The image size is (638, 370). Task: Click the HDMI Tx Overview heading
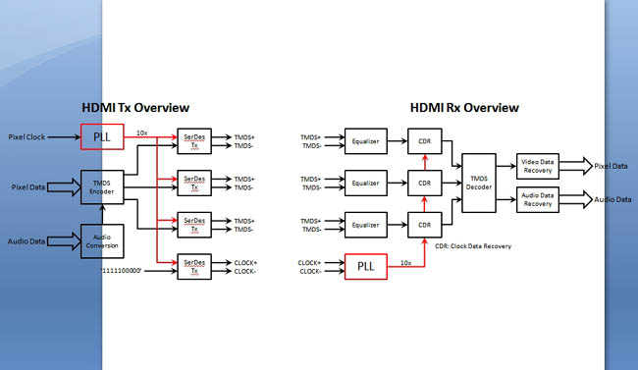point(135,108)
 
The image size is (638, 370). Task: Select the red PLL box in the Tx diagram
point(102,137)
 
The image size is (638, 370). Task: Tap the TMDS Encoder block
point(102,186)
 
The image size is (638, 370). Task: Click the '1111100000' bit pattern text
point(130,266)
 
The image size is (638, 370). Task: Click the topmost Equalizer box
point(365,141)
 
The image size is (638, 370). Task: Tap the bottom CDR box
point(424,225)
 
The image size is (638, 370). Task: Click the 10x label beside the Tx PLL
point(142,132)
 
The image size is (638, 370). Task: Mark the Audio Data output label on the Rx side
point(611,200)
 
